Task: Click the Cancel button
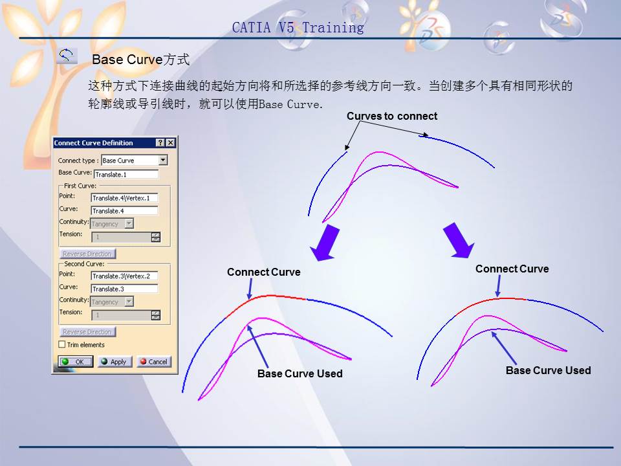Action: click(153, 362)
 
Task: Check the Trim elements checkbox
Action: click(63, 345)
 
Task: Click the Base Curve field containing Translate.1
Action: click(126, 174)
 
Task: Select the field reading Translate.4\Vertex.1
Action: click(124, 197)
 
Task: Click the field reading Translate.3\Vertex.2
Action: click(124, 276)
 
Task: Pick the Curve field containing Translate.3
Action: click(124, 289)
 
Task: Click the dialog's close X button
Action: click(170, 143)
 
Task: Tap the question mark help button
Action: click(160, 143)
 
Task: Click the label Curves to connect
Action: click(391, 116)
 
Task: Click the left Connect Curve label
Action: click(263, 272)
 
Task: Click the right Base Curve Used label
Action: click(548, 370)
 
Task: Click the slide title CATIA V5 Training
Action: click(298, 27)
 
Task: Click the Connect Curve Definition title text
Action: click(94, 143)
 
